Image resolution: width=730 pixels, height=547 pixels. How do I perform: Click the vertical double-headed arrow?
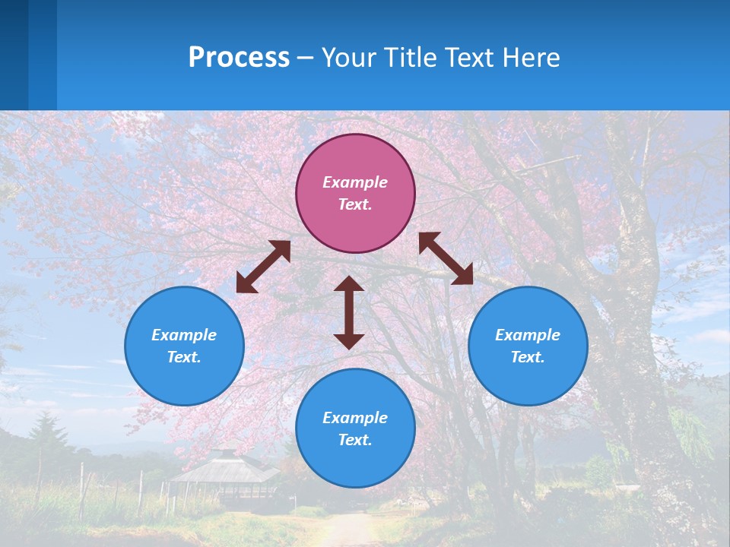point(349,312)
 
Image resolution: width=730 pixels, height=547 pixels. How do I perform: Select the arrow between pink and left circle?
point(263,267)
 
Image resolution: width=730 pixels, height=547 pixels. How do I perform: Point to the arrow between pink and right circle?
point(446,258)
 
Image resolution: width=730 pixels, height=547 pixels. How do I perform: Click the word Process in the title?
point(239,57)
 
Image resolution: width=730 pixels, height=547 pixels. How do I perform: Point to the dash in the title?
point(306,58)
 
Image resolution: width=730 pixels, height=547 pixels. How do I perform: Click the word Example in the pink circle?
point(355,182)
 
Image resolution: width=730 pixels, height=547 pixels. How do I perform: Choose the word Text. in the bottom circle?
point(355,440)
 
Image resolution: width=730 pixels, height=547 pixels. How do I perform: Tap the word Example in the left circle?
point(184,335)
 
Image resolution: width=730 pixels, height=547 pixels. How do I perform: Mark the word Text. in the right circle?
point(528,357)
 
